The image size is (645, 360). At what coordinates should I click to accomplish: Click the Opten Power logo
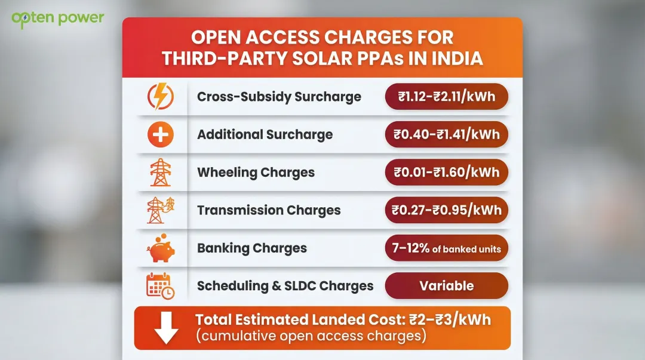pyautogui.click(x=57, y=17)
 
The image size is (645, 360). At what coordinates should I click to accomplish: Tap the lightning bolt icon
pyautogui.click(x=160, y=97)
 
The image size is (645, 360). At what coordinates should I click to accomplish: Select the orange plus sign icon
pyautogui.click(x=160, y=135)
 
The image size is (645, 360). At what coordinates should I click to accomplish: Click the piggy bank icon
pyautogui.click(x=160, y=249)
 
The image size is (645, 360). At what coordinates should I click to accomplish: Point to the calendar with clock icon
pyautogui.click(x=160, y=286)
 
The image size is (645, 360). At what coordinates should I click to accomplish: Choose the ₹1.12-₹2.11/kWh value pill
pyautogui.click(x=446, y=96)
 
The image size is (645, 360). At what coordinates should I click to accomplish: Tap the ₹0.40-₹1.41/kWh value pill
pyautogui.click(x=446, y=134)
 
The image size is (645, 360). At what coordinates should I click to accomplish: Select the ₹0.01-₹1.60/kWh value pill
pyautogui.click(x=446, y=173)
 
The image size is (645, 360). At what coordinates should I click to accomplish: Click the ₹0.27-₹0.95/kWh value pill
pyautogui.click(x=446, y=210)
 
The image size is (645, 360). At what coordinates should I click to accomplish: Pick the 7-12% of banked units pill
pyautogui.click(x=446, y=248)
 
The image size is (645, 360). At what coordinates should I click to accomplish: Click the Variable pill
pyautogui.click(x=446, y=286)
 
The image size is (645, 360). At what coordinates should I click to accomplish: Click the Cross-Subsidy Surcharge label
pyautogui.click(x=279, y=97)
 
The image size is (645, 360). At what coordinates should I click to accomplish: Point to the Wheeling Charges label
pyautogui.click(x=256, y=173)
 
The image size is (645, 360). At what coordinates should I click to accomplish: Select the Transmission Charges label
pyautogui.click(x=269, y=210)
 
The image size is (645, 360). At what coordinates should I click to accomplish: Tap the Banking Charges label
pyautogui.click(x=251, y=248)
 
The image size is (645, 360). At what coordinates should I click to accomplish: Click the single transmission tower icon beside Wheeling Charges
pyautogui.click(x=160, y=173)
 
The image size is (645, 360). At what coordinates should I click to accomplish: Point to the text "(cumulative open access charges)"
pyautogui.click(x=311, y=336)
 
